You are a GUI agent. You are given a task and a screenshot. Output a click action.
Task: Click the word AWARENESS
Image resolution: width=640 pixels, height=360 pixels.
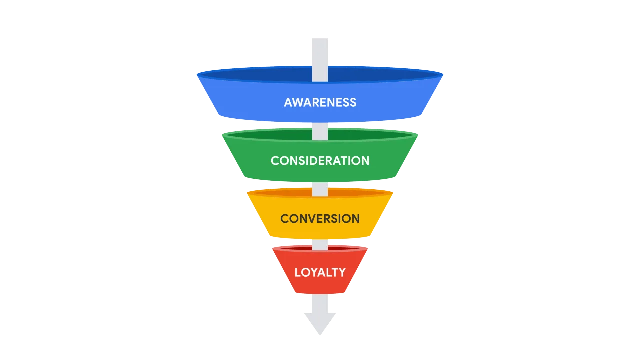[320, 103]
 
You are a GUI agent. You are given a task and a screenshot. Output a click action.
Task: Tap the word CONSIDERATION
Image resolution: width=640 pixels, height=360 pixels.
[320, 161]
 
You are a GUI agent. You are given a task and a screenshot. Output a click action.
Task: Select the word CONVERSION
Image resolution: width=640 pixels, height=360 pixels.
[320, 219]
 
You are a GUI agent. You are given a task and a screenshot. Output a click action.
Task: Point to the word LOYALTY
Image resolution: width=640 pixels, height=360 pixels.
[320, 272]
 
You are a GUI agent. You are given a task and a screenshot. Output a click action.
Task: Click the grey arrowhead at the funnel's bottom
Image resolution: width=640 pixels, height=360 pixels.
[320, 322]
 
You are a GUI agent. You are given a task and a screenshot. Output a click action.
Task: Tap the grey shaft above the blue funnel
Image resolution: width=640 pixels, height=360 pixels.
[320, 53]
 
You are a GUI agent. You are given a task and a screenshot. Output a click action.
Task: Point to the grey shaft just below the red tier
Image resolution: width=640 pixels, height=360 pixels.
[320, 303]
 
